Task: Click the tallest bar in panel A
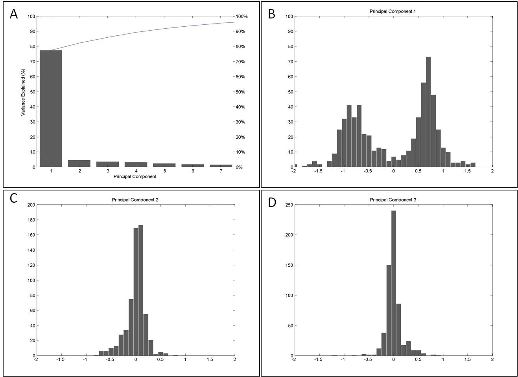click(51, 108)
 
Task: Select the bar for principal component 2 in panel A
click(79, 163)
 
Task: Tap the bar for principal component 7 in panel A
click(221, 166)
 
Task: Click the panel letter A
click(14, 14)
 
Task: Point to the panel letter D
click(272, 203)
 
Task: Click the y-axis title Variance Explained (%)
click(23, 92)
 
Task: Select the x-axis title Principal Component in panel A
click(135, 177)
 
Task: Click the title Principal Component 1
click(393, 11)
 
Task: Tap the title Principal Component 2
click(135, 200)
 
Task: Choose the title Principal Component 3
click(393, 200)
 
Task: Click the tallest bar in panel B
click(428, 112)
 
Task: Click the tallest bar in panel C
click(141, 290)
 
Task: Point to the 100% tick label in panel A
click(241, 16)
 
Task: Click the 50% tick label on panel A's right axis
click(240, 92)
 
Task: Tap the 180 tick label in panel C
click(31, 220)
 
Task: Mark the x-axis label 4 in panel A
click(136, 171)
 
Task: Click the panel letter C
click(14, 198)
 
